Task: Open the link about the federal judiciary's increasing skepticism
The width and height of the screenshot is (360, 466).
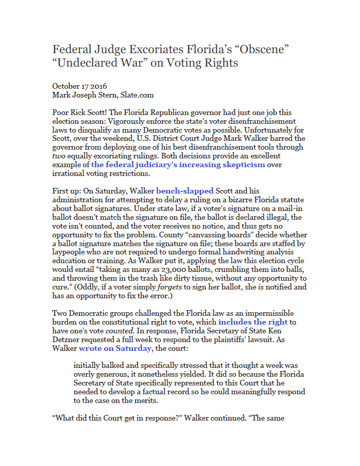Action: click(x=178, y=165)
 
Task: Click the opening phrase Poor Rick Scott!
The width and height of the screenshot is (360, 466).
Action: click(x=81, y=113)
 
